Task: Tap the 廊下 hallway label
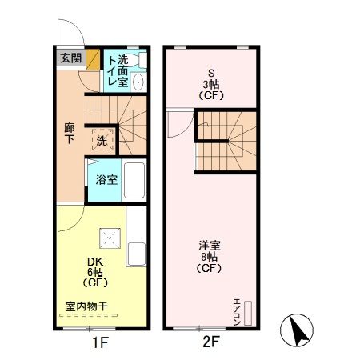[70, 133]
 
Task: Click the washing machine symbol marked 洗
[102, 140]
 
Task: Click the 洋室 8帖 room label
[210, 257]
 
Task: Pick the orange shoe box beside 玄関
[93, 59]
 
